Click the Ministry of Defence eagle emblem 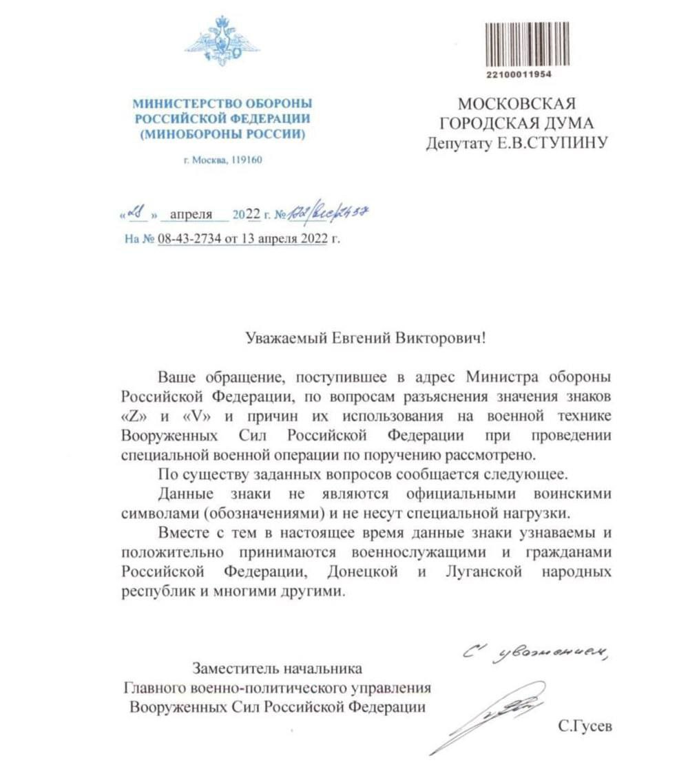tap(222, 42)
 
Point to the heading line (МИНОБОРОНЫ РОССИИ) tap(222, 134)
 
